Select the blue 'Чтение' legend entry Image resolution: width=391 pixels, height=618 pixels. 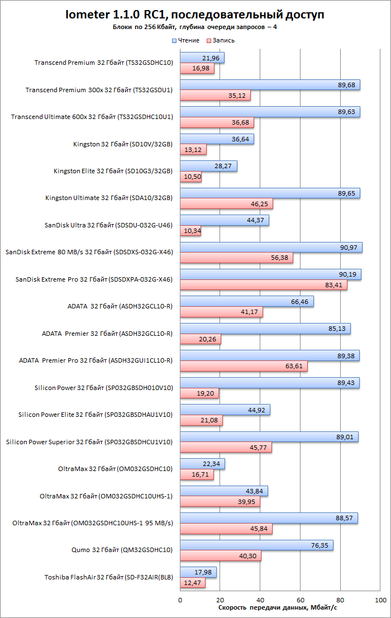[x=185, y=40]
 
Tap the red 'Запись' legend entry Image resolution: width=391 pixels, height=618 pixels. [x=221, y=40]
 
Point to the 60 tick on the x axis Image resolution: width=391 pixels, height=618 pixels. [x=300, y=600]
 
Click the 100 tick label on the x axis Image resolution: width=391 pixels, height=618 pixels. [x=380, y=600]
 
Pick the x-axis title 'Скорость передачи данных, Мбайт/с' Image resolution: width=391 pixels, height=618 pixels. [x=278, y=607]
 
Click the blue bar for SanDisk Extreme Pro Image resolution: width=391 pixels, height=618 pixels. [x=271, y=274]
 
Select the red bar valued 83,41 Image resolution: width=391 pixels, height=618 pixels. [x=264, y=285]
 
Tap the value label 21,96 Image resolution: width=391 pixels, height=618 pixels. [x=211, y=58]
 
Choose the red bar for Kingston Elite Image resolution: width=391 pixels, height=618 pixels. [x=191, y=177]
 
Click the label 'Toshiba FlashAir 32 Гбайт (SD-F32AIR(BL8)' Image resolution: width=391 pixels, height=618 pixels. [x=109, y=577]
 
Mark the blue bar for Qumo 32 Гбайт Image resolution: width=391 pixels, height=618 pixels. [x=256, y=545]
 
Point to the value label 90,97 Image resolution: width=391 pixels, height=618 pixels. [x=349, y=248]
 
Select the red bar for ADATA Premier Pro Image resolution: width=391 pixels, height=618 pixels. [x=244, y=366]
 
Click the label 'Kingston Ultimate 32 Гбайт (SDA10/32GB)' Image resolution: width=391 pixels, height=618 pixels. [x=109, y=198]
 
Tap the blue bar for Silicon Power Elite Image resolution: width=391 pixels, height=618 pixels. [x=225, y=410]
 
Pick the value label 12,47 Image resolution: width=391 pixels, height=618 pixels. [x=192, y=583]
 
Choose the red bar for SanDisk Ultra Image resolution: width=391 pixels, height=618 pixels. [x=191, y=231]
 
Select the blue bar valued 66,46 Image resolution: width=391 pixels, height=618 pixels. [x=247, y=302]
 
